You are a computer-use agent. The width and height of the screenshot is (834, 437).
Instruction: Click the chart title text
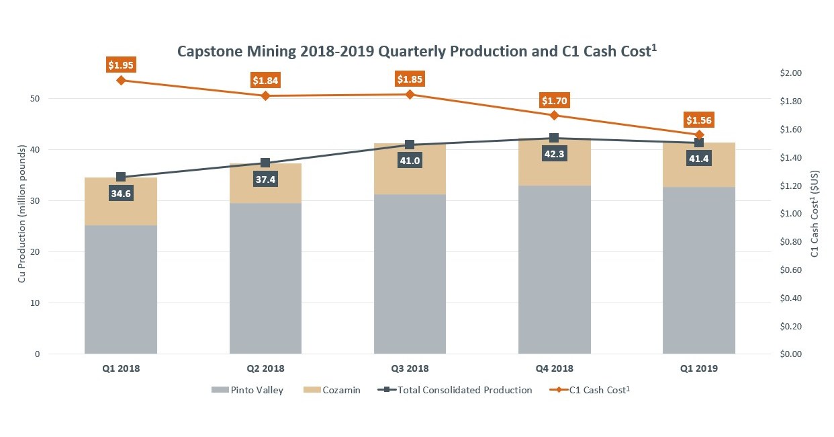416,51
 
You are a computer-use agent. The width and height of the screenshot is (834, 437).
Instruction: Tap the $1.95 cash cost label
121,65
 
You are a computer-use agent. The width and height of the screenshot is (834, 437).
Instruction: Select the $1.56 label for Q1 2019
699,120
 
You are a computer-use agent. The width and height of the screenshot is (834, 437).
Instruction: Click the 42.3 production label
554,153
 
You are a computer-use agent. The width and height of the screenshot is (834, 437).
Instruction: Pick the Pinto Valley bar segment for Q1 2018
121,289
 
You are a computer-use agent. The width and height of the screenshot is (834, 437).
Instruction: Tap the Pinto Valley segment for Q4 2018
554,269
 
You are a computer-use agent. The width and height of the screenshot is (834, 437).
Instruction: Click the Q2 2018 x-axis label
265,368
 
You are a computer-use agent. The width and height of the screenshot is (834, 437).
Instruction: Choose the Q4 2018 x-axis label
554,368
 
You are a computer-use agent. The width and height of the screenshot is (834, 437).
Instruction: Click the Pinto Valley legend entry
247,390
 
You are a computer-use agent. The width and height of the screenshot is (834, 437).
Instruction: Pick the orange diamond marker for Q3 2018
410,94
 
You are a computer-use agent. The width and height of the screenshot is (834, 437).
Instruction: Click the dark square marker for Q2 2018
265,163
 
